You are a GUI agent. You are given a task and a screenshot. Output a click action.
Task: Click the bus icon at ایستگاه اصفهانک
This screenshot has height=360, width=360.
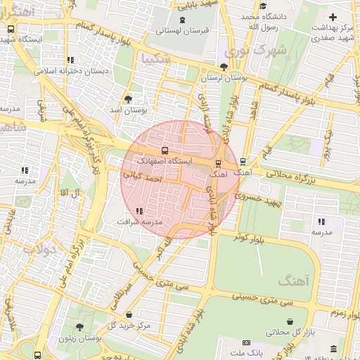coord(165,150)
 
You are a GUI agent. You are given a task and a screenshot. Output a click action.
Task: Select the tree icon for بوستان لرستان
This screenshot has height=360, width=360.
coord(224,67)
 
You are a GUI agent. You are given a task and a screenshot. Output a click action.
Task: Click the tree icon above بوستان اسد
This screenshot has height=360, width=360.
coord(127,100)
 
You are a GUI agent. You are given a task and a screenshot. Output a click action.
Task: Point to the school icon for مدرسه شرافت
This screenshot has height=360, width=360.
coord(139,210)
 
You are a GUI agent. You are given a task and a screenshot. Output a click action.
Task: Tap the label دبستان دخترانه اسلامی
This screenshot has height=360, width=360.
coord(68,70)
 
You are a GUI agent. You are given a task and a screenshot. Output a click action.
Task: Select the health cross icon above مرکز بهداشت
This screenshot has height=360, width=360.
coord(333,17)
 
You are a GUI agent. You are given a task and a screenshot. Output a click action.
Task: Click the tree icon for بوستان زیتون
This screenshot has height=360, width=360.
coord(79,328)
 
